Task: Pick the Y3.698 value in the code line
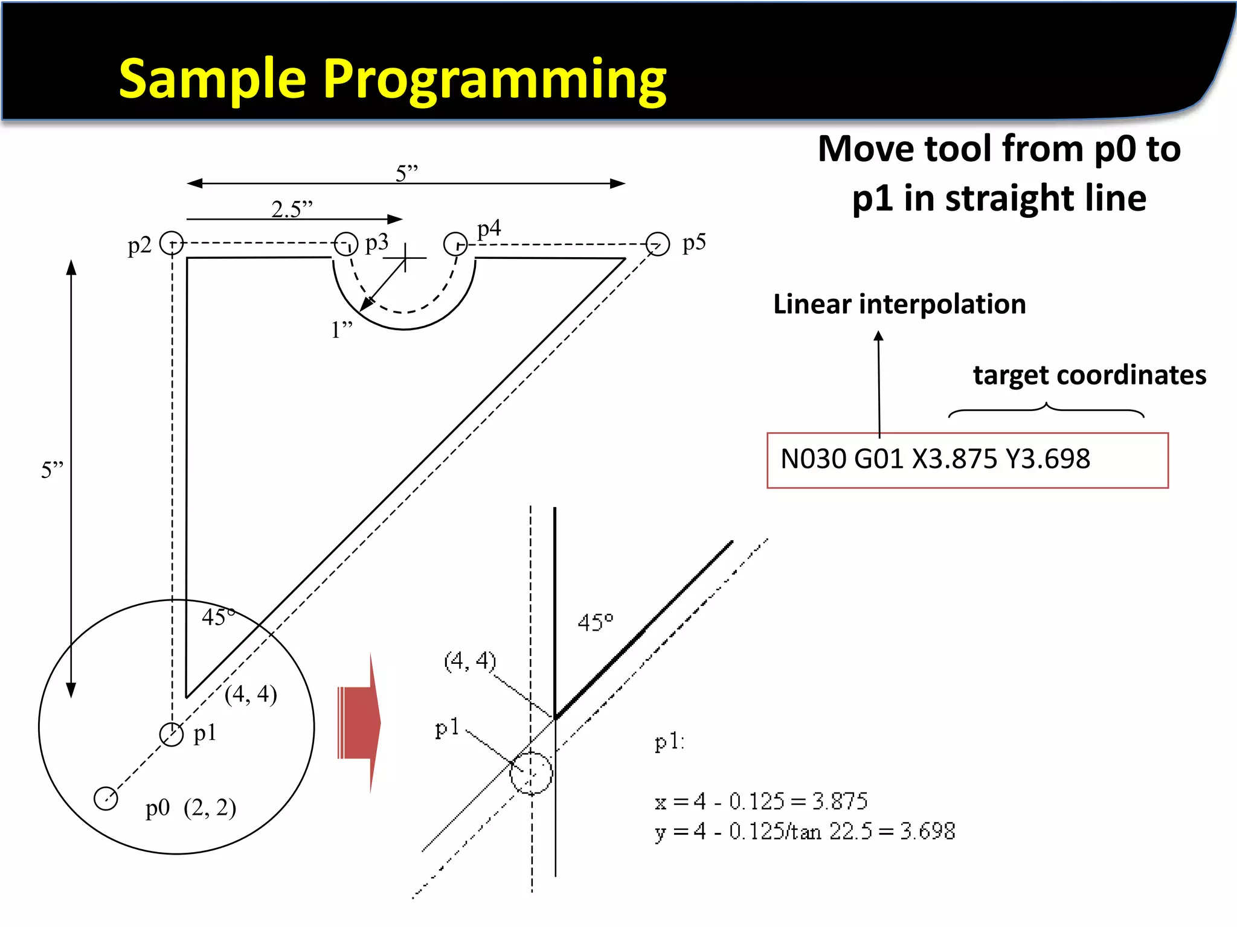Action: tap(1048, 459)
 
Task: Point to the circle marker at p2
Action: tap(172, 243)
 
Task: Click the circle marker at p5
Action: tap(658, 244)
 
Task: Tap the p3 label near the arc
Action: tap(377, 243)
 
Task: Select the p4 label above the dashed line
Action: tap(489, 229)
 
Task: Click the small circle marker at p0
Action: tap(106, 798)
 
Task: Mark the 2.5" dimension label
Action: tap(292, 209)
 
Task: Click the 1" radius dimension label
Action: tap(341, 330)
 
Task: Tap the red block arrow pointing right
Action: tap(359, 722)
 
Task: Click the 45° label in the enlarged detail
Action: tap(595, 622)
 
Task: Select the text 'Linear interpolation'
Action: tap(899, 304)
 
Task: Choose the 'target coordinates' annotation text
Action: tap(1089, 375)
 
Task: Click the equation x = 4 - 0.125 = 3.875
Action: tap(761, 801)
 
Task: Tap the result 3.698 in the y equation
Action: tap(928, 831)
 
